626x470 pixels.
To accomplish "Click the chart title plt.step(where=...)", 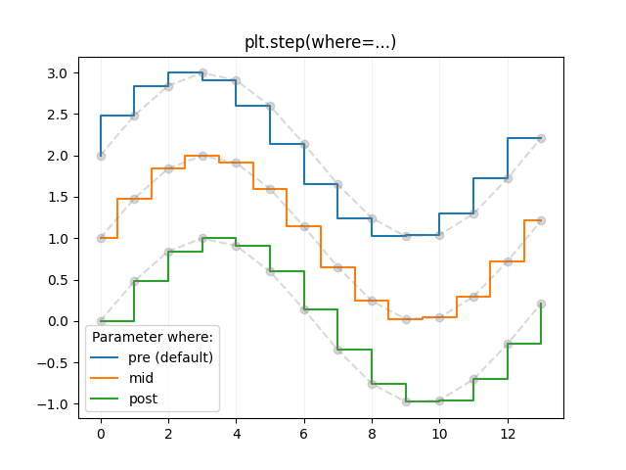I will [320, 42].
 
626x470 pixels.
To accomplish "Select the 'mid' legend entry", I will [142, 378].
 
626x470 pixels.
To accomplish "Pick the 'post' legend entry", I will [143, 399].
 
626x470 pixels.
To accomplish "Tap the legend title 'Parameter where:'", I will [152, 337].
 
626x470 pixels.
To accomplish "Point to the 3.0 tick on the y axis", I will [57, 73].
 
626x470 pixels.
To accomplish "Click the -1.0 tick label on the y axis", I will [53, 403].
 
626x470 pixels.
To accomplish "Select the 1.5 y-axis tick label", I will [57, 197].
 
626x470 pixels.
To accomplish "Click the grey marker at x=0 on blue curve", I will [101, 156].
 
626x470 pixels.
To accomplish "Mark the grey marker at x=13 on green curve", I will [541, 304].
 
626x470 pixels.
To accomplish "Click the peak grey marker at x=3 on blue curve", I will [202, 73].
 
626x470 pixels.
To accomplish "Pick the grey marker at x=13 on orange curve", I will [541, 220].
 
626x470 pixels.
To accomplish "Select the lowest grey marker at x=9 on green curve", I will [406, 401].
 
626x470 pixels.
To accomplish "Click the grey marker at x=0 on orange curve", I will [101, 238].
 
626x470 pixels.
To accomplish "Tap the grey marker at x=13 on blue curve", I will [541, 138].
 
